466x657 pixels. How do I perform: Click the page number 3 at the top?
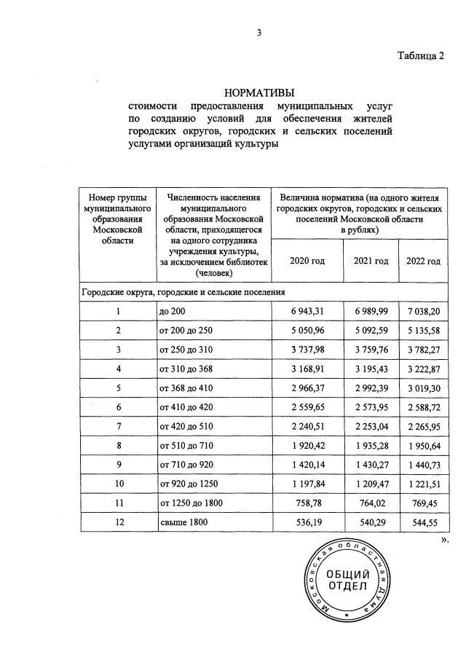click(258, 32)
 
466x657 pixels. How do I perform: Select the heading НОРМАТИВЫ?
click(259, 93)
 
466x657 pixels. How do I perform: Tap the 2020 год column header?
click(307, 261)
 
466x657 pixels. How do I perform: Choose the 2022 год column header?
click(423, 261)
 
